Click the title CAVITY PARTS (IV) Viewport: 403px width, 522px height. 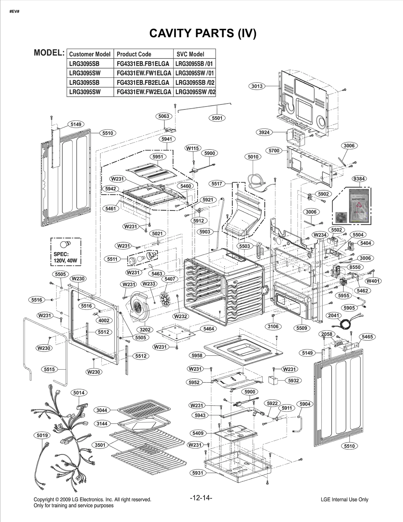tap(203, 33)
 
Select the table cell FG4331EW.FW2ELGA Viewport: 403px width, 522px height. tap(144, 92)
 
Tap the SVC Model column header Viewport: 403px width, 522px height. tap(190, 54)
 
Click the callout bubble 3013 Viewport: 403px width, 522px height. tap(257, 86)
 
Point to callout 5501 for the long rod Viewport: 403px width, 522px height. tap(217, 118)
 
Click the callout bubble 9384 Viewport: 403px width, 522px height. tap(359, 179)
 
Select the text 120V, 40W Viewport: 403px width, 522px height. tap(65, 261)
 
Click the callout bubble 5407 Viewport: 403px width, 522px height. tap(170, 279)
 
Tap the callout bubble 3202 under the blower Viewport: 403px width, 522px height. tap(145, 330)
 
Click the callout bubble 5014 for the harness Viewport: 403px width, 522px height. tap(79, 393)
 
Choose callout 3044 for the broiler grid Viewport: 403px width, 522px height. tap(102, 410)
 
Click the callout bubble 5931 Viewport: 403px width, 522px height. tap(197, 473)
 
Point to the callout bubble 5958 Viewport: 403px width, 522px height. tap(197, 356)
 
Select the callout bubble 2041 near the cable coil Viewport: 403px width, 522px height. tap(334, 315)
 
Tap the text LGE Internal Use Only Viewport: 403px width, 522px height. tap(344, 500)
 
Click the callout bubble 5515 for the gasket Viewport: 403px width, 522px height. tap(49, 369)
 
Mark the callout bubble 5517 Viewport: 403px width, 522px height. tap(217, 184)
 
